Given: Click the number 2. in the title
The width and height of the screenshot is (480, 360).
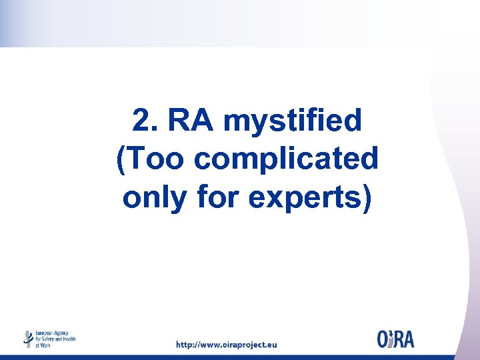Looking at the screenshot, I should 144,121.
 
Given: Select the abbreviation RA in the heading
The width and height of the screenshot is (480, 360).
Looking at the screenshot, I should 191,121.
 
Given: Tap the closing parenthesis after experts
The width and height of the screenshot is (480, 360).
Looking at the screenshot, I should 365,199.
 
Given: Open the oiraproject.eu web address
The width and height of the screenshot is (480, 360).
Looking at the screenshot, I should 226,345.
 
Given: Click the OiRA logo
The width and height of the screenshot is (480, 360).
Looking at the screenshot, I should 395,339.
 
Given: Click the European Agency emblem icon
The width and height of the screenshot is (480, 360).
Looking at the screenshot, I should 28,339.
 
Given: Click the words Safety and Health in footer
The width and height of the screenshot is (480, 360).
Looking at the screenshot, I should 59,339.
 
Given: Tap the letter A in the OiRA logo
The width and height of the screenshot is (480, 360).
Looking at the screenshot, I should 408,339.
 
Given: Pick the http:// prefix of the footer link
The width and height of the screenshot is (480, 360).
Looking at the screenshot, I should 189,345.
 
